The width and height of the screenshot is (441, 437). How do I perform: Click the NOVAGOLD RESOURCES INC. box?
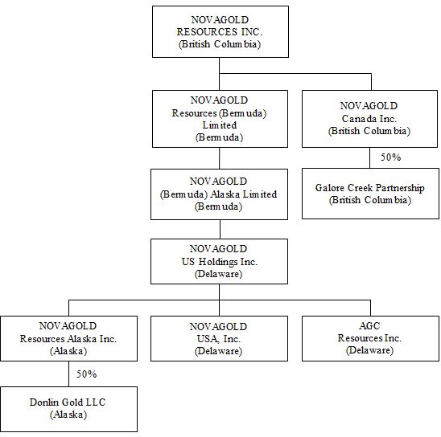[x=220, y=31]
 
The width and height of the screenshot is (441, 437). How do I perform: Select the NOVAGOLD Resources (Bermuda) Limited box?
[x=220, y=119]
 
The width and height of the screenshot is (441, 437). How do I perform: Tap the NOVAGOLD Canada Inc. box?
[x=369, y=119]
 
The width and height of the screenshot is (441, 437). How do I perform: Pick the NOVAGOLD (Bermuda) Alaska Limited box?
[x=219, y=194]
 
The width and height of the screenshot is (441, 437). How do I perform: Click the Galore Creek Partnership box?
[x=370, y=194]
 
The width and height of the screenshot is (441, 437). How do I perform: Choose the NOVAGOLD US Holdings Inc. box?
[x=219, y=261]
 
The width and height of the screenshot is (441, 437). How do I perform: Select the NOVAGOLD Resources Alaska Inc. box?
[x=68, y=338]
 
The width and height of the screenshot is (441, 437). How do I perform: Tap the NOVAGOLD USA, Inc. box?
[x=219, y=338]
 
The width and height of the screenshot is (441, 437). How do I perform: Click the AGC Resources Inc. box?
[x=370, y=338]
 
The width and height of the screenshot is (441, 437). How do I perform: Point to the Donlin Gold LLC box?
[x=68, y=409]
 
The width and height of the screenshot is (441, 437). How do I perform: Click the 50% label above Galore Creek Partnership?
[x=390, y=157]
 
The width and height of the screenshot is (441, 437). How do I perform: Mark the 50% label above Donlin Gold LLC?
[x=87, y=374]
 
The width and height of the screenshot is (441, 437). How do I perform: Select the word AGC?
[x=369, y=326]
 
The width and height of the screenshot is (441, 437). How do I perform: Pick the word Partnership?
[x=400, y=188]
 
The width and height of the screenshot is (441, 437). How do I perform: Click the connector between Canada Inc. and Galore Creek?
[x=370, y=157]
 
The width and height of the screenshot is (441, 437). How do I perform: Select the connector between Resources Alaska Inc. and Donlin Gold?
[x=68, y=374]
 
